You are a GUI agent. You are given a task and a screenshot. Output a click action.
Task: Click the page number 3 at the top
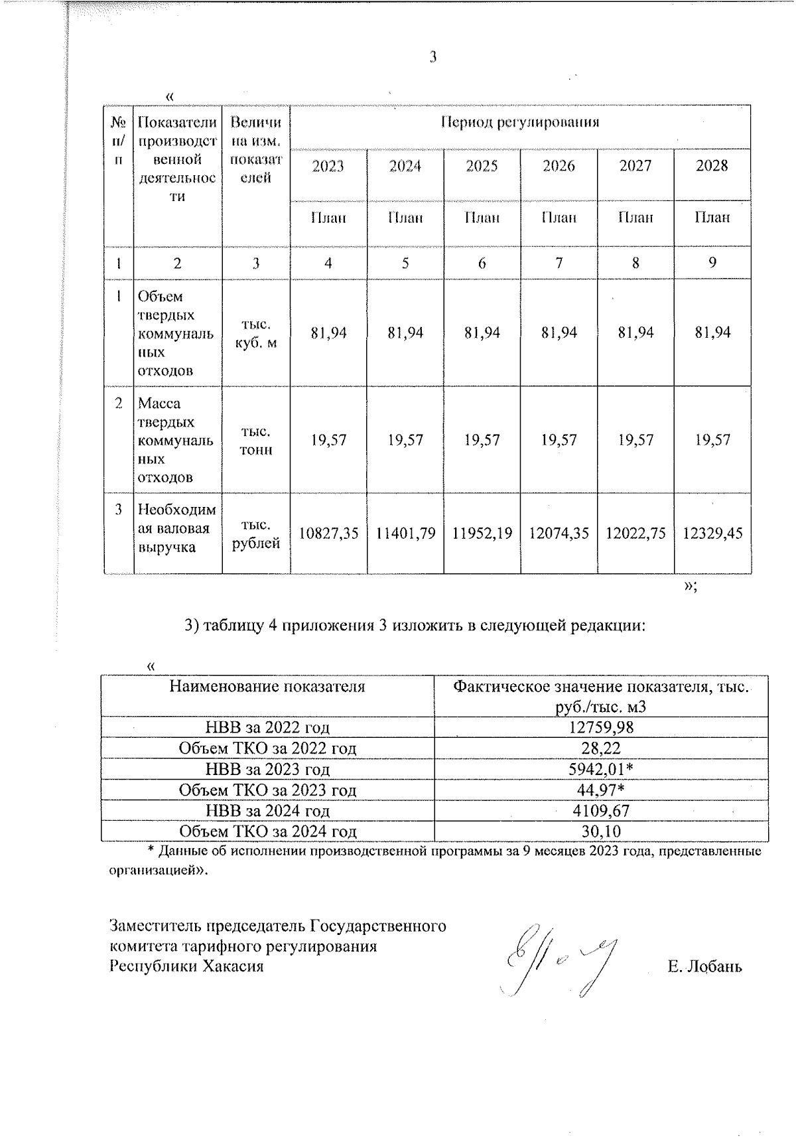(x=432, y=58)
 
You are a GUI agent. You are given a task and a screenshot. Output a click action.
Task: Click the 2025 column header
(x=482, y=166)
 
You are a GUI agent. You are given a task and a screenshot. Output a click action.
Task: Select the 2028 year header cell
(x=712, y=166)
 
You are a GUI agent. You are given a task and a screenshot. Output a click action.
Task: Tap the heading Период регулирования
(x=520, y=122)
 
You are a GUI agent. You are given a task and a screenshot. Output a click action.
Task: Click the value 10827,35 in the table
(x=328, y=534)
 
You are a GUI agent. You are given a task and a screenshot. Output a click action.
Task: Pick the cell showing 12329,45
(x=712, y=534)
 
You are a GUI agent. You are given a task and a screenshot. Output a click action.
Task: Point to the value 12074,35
(x=559, y=534)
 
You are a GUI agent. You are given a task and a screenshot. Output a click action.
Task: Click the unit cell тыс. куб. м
(x=256, y=334)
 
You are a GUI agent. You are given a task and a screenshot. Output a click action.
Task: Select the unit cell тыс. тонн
(x=256, y=441)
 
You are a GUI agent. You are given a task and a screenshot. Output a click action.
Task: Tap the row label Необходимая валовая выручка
(x=176, y=529)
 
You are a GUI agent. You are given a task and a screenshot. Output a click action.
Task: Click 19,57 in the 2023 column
(x=328, y=440)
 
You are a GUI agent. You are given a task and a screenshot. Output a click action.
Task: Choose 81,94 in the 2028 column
(x=712, y=332)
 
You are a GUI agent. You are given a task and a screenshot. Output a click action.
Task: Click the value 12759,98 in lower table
(x=601, y=727)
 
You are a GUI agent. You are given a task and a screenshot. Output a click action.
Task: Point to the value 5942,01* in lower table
(x=601, y=769)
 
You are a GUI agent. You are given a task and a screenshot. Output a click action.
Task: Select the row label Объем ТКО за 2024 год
(x=267, y=831)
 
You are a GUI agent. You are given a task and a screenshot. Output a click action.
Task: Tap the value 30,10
(x=601, y=831)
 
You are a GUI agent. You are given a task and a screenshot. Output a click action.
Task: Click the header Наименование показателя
(x=267, y=687)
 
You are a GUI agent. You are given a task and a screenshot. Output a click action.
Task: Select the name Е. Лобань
(x=704, y=967)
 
